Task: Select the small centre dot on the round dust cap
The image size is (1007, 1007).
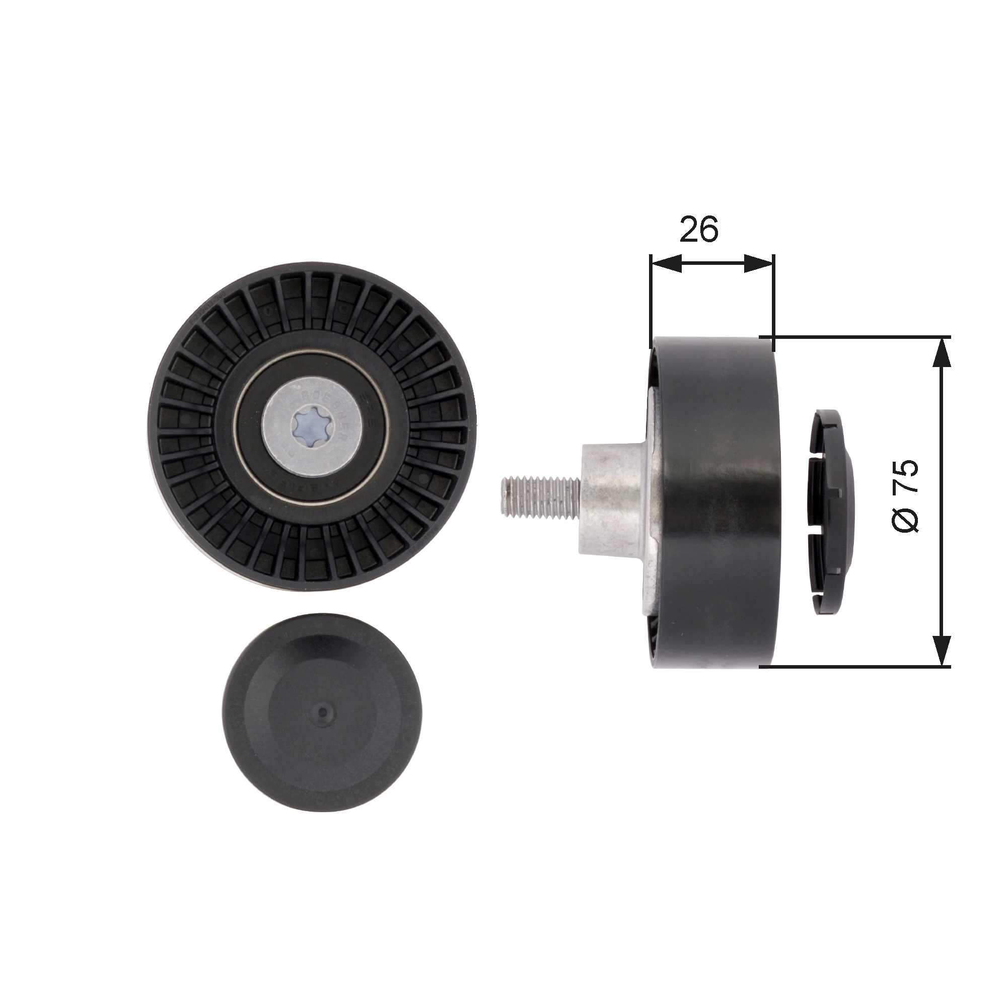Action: tap(323, 711)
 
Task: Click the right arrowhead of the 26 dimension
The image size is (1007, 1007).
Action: tap(758, 263)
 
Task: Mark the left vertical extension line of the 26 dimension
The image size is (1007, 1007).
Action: tap(651, 297)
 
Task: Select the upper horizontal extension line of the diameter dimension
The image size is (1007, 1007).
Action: tap(860, 337)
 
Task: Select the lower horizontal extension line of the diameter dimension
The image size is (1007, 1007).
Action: tap(860, 666)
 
